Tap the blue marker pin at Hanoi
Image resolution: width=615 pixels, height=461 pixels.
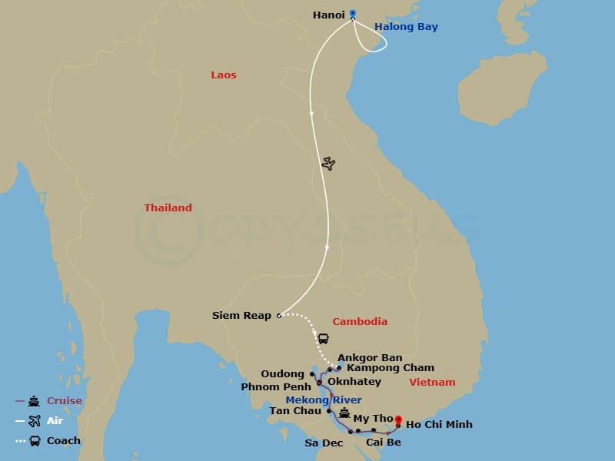coord(353,13)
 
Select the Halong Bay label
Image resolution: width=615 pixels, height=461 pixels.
coord(406,27)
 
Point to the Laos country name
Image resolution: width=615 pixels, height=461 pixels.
coord(224,75)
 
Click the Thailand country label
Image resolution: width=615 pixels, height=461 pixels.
coord(168,208)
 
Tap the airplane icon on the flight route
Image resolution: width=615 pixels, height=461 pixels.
coord(328,164)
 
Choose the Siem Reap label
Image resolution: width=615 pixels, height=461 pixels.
coord(241,316)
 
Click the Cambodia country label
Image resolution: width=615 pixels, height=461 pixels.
coord(359,322)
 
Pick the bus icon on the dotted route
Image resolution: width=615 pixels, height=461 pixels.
coord(324,338)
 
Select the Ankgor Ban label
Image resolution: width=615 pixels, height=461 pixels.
coord(370,358)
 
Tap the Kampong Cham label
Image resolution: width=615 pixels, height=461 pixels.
coord(391,368)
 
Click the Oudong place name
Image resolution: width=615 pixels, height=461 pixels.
coord(282,374)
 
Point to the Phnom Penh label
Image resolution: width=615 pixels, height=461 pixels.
coord(275,386)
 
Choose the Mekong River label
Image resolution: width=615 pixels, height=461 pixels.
coord(324,400)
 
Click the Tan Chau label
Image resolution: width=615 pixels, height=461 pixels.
coord(295,411)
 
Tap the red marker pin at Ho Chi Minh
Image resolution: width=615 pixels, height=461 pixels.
coord(398,420)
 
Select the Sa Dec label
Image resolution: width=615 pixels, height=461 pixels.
coord(324,443)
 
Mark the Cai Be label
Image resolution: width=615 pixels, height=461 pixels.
coord(381,443)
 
